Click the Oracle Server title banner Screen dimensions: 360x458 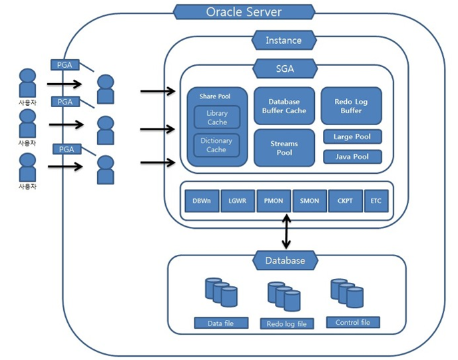point(244,12)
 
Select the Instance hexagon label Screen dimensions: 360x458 point(283,41)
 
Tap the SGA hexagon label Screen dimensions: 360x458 point(284,68)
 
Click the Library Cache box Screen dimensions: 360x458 point(217,118)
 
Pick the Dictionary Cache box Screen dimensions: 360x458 point(216,145)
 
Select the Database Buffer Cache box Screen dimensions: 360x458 point(284,106)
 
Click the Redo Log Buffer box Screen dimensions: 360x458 point(351,106)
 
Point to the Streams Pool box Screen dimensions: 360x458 point(284,148)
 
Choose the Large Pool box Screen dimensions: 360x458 point(352,137)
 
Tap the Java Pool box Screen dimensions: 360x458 point(352,157)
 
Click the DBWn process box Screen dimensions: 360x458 point(202,200)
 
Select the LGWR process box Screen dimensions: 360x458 point(238,200)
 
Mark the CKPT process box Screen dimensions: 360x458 point(345,200)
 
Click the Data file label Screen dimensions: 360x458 point(220,323)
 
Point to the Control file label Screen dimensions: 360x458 point(353,323)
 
